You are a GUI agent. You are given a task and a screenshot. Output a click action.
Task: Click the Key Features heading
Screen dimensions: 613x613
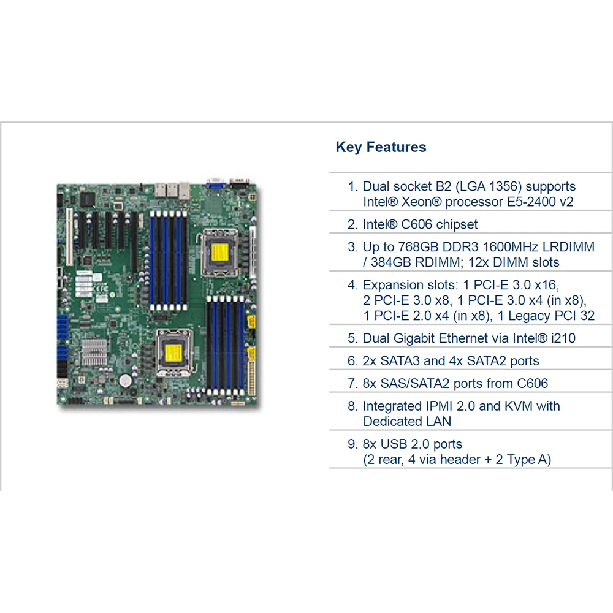point(381,147)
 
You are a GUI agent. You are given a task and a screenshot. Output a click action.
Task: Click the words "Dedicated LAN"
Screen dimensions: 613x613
point(407,422)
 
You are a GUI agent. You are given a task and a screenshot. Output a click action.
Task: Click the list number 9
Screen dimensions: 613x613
point(352,444)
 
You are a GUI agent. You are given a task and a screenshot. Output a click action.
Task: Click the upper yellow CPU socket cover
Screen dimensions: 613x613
point(219,253)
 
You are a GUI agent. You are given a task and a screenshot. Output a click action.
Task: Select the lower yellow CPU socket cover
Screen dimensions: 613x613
point(173,353)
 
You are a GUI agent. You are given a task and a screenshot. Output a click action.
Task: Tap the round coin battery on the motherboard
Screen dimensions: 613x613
point(125,381)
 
